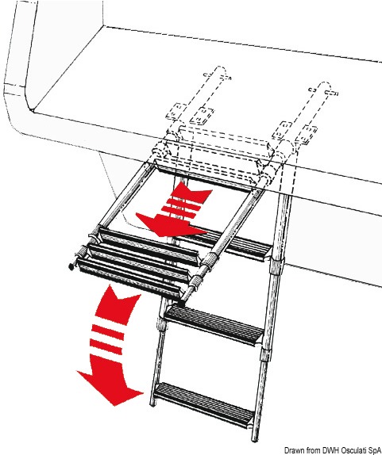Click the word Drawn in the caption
291,451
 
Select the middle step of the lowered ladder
214,324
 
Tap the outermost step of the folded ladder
128,278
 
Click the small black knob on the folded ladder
71,266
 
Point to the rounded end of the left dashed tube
220,71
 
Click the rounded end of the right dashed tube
325,86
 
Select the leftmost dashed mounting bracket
176,111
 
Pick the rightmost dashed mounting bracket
307,133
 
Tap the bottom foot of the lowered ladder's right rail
254,438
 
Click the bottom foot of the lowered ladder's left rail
152,403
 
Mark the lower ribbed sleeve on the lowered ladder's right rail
266,354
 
